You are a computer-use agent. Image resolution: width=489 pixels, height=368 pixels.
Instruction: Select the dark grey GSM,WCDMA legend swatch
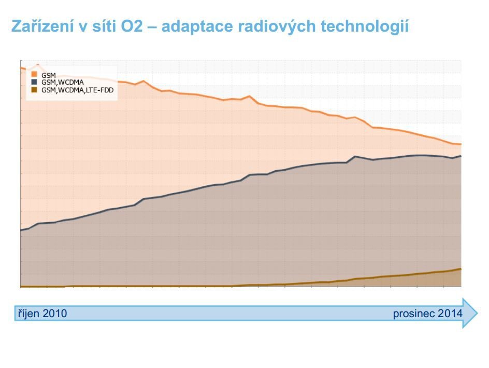click(34, 82)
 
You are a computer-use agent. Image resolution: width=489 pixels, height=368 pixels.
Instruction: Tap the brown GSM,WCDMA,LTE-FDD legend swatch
click(34, 89)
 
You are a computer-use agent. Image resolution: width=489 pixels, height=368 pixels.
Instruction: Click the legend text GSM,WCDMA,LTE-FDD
click(78, 89)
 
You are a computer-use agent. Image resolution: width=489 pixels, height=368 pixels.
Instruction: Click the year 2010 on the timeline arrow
click(54, 314)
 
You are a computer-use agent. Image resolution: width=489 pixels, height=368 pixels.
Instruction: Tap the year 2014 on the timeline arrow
click(450, 314)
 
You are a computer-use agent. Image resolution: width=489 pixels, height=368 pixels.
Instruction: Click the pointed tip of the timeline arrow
click(476, 313)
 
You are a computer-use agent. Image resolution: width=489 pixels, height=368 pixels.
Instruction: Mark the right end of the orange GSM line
click(461, 144)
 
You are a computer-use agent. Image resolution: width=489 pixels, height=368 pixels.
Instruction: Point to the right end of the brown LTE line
click(461, 269)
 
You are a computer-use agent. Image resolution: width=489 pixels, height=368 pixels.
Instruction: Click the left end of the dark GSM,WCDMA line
click(21, 230)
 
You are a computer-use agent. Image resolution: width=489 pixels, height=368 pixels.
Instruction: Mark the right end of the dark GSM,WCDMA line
click(461, 156)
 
